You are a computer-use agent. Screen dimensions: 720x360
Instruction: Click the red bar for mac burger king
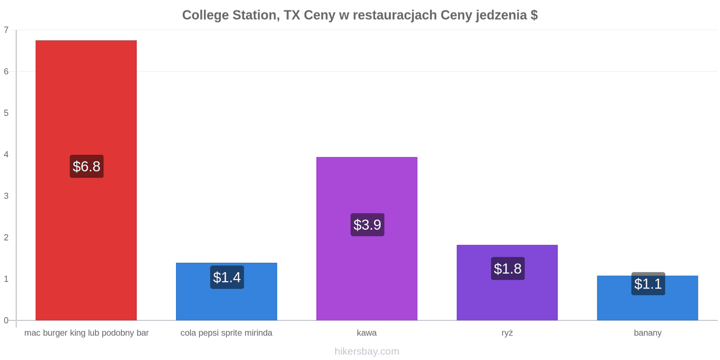(x=86, y=180)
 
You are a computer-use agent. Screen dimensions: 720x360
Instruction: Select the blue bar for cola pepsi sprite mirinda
(x=227, y=292)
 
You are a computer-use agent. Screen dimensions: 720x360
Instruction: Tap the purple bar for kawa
(x=367, y=239)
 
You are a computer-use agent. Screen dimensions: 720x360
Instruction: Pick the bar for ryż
(x=507, y=283)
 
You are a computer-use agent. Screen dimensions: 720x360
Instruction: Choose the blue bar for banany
(x=648, y=298)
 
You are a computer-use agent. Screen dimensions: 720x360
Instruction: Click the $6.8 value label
(x=86, y=166)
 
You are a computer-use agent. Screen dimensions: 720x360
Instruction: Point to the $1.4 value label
(x=227, y=277)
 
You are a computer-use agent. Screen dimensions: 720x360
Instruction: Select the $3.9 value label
(x=367, y=225)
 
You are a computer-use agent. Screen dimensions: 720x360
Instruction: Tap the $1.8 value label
(x=508, y=268)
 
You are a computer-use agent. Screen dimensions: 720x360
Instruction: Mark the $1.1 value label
(x=648, y=283)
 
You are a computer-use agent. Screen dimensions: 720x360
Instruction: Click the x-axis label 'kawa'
(x=367, y=333)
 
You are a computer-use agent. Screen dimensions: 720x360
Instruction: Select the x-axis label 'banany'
(x=648, y=333)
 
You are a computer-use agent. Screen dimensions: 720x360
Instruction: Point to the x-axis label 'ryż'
(x=507, y=333)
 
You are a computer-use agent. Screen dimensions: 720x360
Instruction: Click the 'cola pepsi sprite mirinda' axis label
(x=226, y=333)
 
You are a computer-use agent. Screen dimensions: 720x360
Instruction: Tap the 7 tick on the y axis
(x=6, y=30)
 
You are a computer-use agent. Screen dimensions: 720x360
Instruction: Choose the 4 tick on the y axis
(x=6, y=155)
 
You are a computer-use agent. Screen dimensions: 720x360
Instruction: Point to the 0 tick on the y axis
(x=6, y=320)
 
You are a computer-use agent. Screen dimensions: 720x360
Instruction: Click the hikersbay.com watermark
(x=367, y=351)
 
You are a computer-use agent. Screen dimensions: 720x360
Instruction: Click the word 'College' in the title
(x=205, y=15)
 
